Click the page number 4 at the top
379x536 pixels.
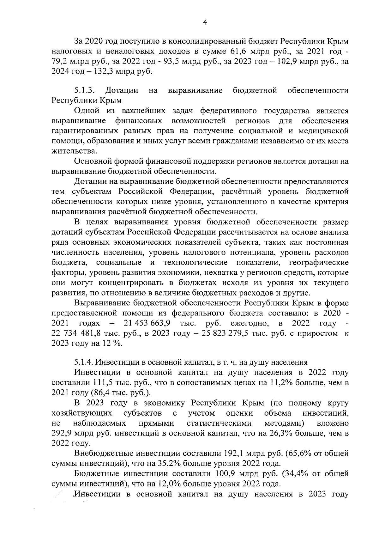click(x=205, y=22)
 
